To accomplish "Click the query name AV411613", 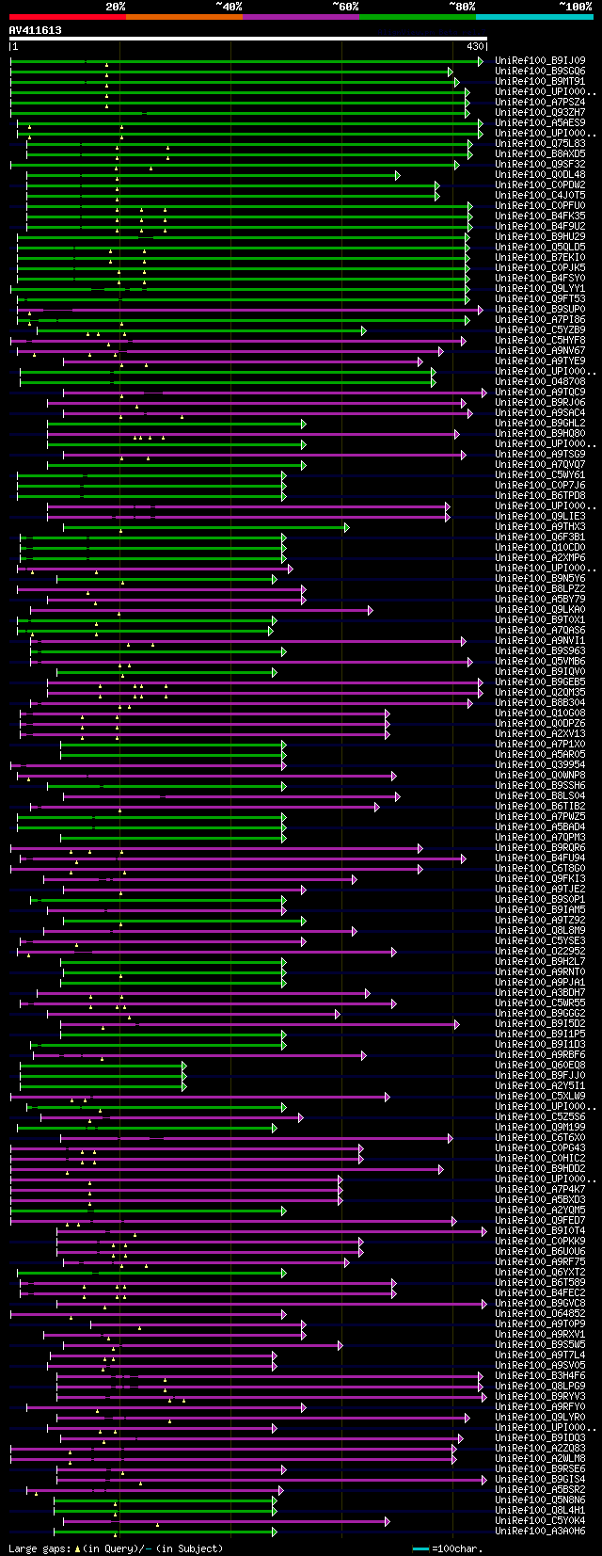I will (36, 30).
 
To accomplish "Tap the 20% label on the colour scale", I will (115, 7).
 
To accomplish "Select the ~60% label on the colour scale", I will (344, 7).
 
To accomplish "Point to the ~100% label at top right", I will (575, 7).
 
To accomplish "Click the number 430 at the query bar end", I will (475, 46).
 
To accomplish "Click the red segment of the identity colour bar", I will (67, 16).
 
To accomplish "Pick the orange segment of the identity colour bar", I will (183, 16).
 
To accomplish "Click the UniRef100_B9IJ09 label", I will (541, 61).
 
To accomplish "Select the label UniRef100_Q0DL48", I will (541, 175).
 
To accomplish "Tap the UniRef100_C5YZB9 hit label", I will (541, 330).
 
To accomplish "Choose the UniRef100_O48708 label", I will (541, 382).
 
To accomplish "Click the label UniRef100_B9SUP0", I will (541, 310).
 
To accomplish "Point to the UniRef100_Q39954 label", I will (541, 765).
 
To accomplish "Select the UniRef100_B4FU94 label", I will (541, 858).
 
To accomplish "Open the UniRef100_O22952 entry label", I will (541, 952).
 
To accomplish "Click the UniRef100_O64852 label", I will (541, 1314).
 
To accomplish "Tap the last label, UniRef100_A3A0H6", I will (541, 1532).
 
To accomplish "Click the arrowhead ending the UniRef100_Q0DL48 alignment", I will (398, 175).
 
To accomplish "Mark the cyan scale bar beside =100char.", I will (420, 1548).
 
